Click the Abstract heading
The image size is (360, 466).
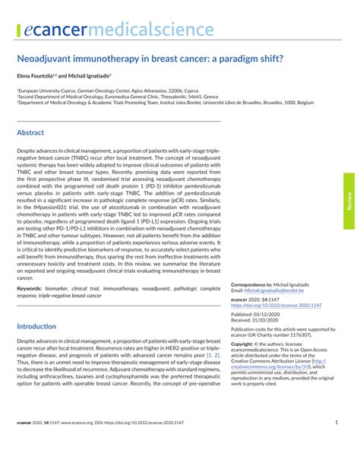(x=30, y=132)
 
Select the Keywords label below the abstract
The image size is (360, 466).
(x=29, y=290)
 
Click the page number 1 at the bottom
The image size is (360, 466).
(x=336, y=423)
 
